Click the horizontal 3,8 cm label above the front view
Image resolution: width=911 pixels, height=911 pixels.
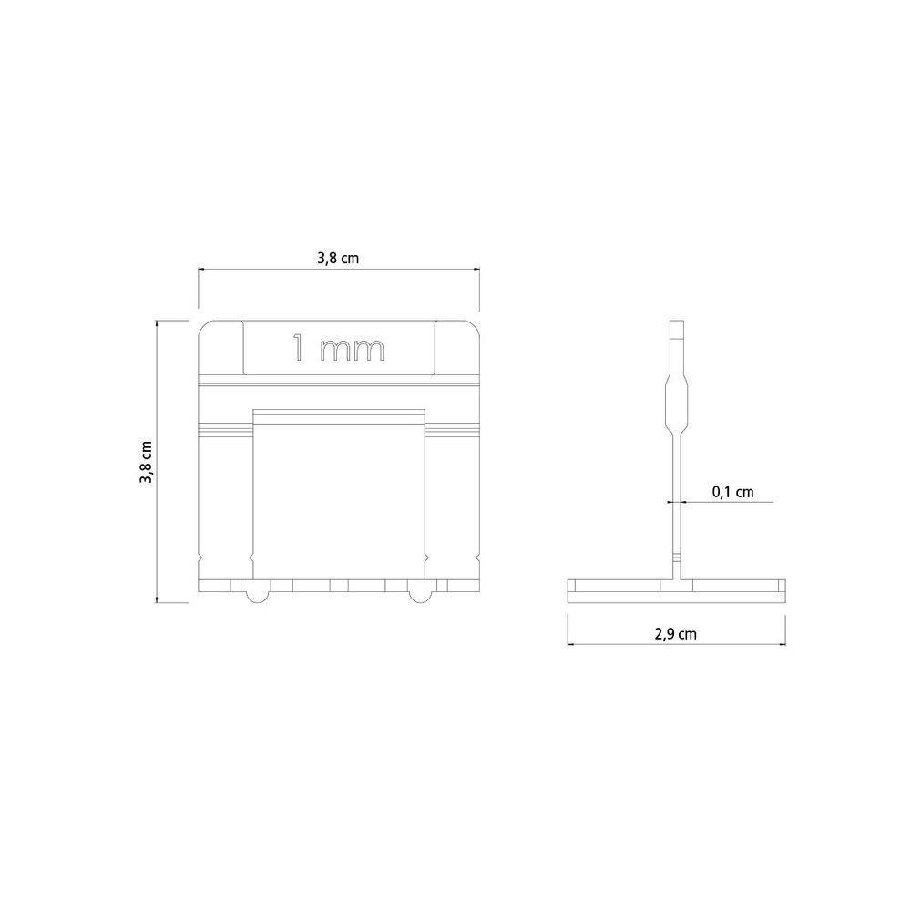point(338,259)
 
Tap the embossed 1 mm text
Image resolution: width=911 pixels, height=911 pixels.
point(338,348)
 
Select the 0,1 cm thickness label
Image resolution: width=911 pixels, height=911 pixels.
point(733,492)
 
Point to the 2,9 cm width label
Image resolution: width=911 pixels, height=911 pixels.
point(675,634)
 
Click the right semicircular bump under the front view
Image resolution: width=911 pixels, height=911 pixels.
point(418,595)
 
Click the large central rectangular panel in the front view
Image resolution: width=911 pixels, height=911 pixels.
point(338,496)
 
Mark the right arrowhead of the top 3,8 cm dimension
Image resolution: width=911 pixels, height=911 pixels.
point(477,270)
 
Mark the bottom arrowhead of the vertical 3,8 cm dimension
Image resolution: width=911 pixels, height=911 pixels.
point(159,599)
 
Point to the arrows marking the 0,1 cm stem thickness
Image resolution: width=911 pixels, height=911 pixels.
point(675,501)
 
